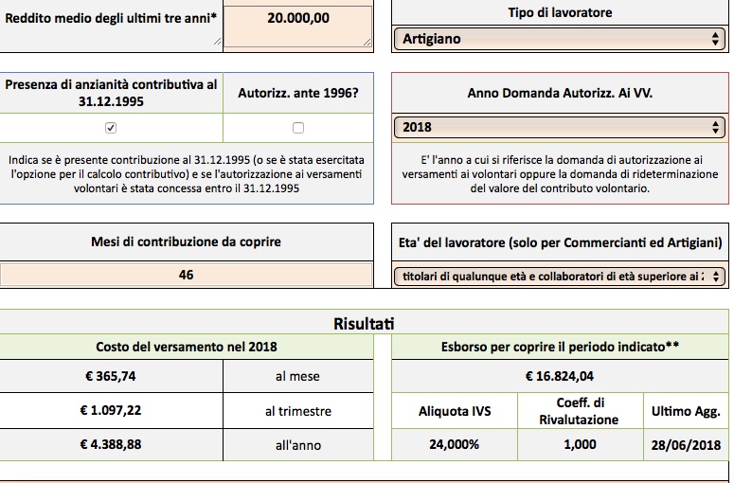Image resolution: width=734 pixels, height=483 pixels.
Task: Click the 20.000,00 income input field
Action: pyautogui.click(x=297, y=27)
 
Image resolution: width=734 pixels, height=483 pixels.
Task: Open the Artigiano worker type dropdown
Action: pyautogui.click(x=560, y=39)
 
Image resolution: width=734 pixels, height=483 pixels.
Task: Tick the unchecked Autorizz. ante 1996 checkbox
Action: pyautogui.click(x=298, y=128)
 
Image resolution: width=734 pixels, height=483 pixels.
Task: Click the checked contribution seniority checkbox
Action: pyautogui.click(x=111, y=128)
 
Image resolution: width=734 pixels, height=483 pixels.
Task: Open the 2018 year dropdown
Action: pyautogui.click(x=560, y=127)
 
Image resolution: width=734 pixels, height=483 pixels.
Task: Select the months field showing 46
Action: pyautogui.click(x=186, y=275)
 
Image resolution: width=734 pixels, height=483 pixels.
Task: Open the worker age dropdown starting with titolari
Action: pyautogui.click(x=560, y=277)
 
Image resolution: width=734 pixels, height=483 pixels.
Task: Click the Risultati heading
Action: pyautogui.click(x=364, y=324)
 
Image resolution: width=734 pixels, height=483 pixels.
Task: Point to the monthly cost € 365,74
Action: pyautogui.click(x=111, y=376)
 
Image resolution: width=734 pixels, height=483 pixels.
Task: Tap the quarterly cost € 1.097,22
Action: pyautogui.click(x=111, y=410)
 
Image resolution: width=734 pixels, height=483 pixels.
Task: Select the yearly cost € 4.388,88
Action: pyautogui.click(x=111, y=444)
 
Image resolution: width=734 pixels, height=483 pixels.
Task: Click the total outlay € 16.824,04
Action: pyautogui.click(x=560, y=376)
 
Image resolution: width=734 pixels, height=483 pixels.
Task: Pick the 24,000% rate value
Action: pyautogui.click(x=454, y=444)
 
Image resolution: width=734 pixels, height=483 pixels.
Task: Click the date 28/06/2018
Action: pyautogui.click(x=686, y=445)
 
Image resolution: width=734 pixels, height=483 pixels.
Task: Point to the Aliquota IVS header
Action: pyautogui.click(x=455, y=411)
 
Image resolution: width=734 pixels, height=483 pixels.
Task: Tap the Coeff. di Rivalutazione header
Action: pyautogui.click(x=579, y=411)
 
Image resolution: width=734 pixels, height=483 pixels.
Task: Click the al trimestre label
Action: pyautogui.click(x=298, y=411)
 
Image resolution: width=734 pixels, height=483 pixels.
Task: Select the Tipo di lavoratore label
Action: pyautogui.click(x=560, y=12)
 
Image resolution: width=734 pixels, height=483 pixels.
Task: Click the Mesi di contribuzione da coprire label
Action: pyautogui.click(x=186, y=241)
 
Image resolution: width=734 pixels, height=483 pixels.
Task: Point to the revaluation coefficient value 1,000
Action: pyautogui.click(x=580, y=444)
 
